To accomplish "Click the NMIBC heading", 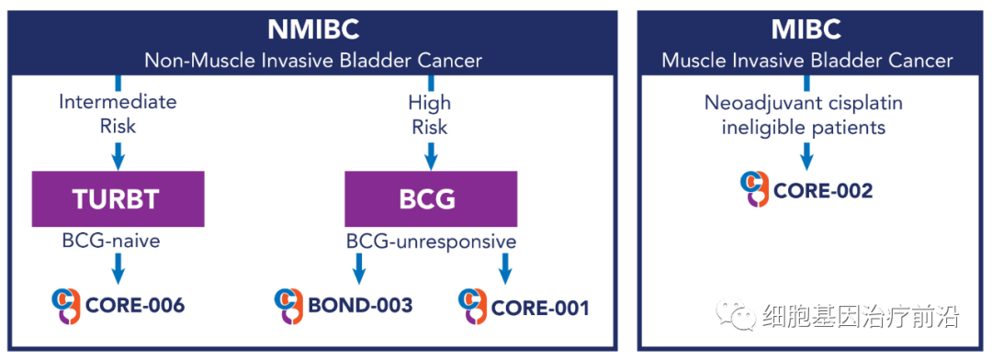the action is [x=312, y=29].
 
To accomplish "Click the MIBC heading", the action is [x=806, y=29].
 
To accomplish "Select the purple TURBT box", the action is [x=118, y=198].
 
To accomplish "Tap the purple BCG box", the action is [x=431, y=198].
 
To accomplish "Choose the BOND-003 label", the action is [x=360, y=306].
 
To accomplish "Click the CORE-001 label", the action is [x=540, y=309].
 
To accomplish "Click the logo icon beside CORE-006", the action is [x=65, y=306].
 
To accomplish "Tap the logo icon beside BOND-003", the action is [x=289, y=306].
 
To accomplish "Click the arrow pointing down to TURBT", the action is [x=118, y=153].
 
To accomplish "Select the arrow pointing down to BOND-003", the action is [x=358, y=269].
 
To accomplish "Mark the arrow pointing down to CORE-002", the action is [x=806, y=154].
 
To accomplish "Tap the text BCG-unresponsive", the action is [x=431, y=242].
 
